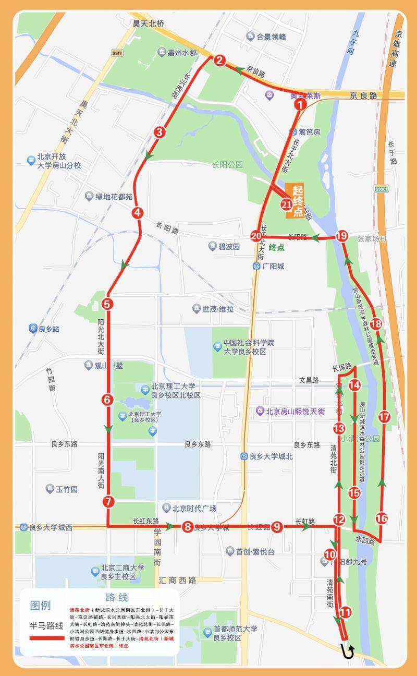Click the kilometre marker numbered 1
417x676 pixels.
click(x=299, y=104)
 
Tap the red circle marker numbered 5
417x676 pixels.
click(x=107, y=303)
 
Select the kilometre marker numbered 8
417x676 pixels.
click(x=187, y=527)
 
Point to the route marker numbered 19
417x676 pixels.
click(x=341, y=236)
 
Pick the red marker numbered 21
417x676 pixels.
click(x=286, y=204)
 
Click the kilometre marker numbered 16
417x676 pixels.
click(x=382, y=518)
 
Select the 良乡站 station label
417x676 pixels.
click(x=44, y=329)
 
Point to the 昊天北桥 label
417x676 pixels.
click(x=148, y=23)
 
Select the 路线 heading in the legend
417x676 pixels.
click(x=116, y=597)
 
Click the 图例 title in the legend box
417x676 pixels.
click(x=40, y=606)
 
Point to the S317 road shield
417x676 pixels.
click(x=117, y=53)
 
